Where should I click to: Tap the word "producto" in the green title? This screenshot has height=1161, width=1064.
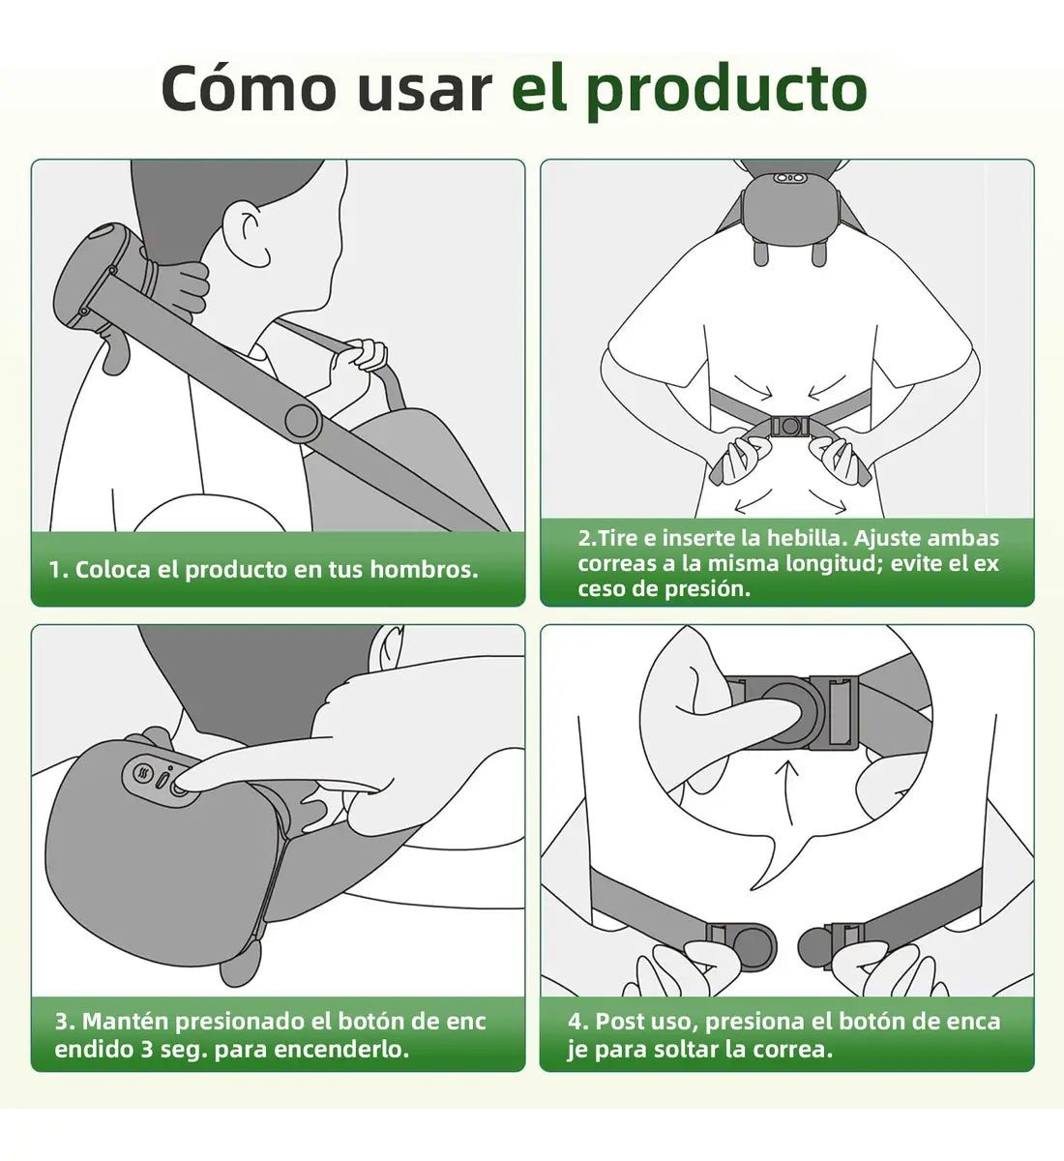[x=726, y=91]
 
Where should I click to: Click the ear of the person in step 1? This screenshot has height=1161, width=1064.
[x=252, y=228]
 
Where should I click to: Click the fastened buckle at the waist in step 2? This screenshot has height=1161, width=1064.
[x=790, y=426]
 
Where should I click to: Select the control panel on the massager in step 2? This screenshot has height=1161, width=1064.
[x=788, y=178]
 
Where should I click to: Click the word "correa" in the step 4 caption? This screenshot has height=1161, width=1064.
[x=787, y=1050]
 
